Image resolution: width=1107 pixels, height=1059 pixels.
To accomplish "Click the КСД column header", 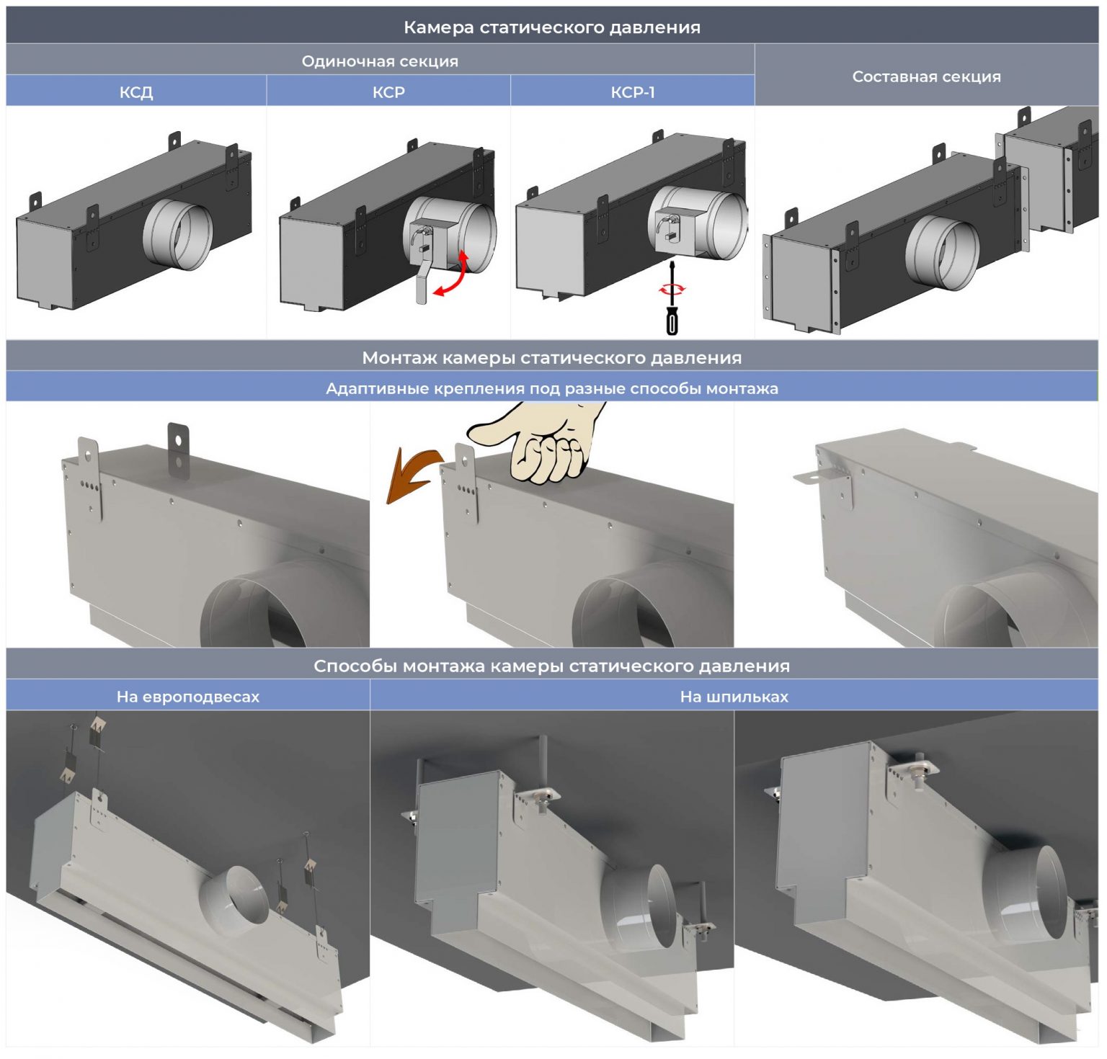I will tap(136, 92).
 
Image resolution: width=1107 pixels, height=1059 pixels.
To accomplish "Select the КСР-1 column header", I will tap(632, 92).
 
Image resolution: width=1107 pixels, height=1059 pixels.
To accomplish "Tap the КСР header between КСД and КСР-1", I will tap(388, 92).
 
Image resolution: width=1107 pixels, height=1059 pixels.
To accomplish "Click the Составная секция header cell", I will tap(926, 76).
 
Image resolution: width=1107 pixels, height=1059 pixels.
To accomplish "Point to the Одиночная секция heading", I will tap(380, 61).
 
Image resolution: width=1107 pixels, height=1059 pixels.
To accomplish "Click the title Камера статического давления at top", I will tap(552, 27).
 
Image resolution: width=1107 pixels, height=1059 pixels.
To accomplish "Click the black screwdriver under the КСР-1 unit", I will tap(672, 310).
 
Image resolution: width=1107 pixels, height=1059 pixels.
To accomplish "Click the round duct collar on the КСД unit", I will tap(179, 233).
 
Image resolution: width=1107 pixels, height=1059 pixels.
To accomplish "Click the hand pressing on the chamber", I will tap(548, 447).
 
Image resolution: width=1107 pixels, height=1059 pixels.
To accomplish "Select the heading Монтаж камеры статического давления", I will tap(552, 357).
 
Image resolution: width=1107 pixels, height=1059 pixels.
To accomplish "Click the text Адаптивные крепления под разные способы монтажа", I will tap(552, 388).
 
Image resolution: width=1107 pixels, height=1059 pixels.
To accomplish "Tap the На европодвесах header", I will tap(187, 697).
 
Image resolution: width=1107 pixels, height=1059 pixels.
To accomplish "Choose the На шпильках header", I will tap(734, 697).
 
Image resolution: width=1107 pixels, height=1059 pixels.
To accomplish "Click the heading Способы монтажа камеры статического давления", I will tap(552, 666).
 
